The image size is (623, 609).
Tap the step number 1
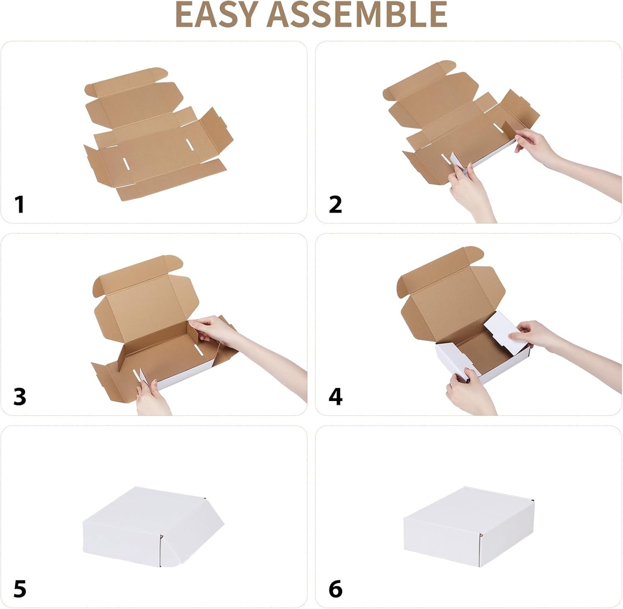[19, 205]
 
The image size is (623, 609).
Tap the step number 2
[335, 205]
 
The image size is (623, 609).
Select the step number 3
[20, 397]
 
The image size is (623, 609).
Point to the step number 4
[336, 397]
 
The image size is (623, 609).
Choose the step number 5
[20, 589]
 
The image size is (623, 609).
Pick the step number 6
[336, 589]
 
